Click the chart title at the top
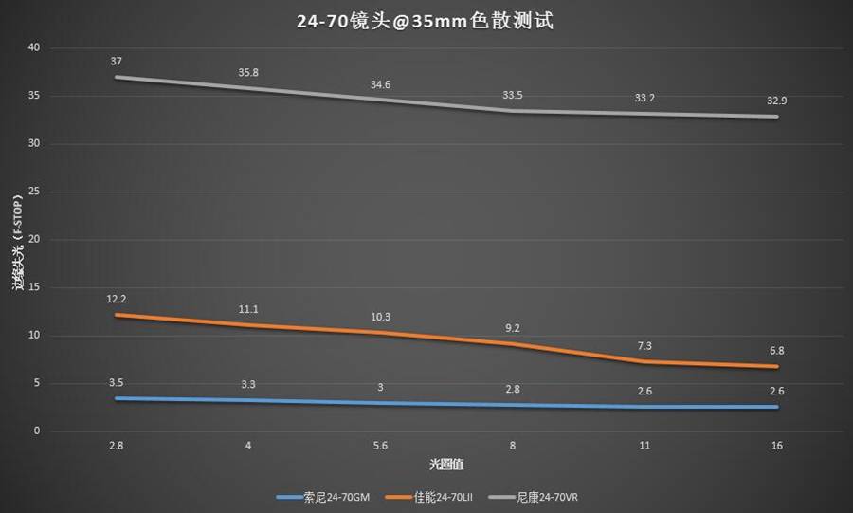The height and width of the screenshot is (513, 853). (x=426, y=20)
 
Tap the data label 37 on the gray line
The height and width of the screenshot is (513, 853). (x=116, y=62)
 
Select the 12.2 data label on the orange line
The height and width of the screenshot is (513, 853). (x=116, y=299)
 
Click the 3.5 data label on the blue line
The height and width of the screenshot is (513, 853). (x=116, y=382)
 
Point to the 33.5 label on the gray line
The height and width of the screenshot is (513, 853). (x=513, y=95)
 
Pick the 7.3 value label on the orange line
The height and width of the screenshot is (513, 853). (x=644, y=346)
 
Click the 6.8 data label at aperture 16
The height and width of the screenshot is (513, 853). (x=777, y=351)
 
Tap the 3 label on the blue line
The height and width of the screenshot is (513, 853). (x=380, y=387)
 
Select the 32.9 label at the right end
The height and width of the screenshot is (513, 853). (x=777, y=101)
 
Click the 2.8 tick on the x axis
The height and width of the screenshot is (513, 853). (x=116, y=445)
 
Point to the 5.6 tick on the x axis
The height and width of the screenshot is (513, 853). (x=380, y=445)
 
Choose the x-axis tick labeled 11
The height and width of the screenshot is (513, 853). (x=644, y=445)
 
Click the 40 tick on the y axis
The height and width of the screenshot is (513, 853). (x=34, y=47)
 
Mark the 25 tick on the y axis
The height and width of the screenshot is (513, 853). (x=34, y=192)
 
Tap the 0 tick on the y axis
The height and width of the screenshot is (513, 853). (x=37, y=431)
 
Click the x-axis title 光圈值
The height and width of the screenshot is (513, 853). (x=445, y=465)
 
